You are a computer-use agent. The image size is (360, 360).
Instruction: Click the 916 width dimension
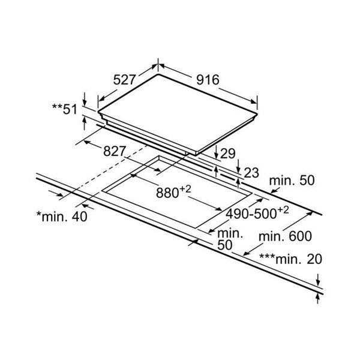click(208, 80)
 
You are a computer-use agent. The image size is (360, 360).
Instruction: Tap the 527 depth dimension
click(125, 80)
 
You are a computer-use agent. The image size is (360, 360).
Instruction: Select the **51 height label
click(65, 109)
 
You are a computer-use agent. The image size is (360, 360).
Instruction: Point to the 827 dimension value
click(115, 151)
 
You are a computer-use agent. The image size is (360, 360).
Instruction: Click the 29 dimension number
click(228, 154)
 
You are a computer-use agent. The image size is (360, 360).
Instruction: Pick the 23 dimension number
click(251, 173)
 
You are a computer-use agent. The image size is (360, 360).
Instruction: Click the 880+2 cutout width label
click(173, 192)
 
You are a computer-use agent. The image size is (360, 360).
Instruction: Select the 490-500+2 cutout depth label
click(257, 213)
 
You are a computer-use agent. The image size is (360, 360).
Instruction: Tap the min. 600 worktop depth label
click(285, 236)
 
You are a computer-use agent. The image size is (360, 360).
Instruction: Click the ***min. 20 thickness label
click(290, 259)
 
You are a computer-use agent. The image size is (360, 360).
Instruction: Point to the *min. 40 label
click(62, 216)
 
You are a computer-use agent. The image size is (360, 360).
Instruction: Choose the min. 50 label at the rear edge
click(292, 180)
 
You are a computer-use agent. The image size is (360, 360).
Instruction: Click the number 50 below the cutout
click(225, 245)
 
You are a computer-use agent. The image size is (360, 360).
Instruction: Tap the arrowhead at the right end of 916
click(254, 101)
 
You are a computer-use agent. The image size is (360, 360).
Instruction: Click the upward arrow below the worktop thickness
click(318, 299)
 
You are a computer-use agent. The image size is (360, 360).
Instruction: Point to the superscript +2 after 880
click(185, 189)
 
